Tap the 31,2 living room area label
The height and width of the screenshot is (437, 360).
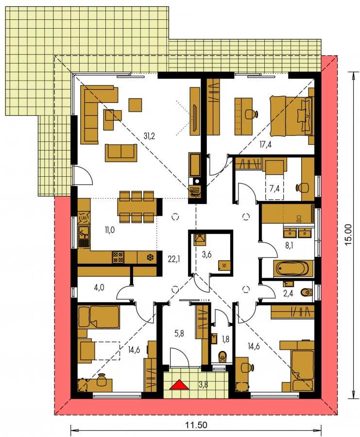(149, 136)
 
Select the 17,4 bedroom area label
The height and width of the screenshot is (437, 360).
(265, 144)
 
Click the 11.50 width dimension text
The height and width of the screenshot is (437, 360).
(196, 425)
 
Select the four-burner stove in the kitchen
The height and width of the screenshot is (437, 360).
(118, 257)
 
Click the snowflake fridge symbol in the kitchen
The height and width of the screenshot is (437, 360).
(150, 257)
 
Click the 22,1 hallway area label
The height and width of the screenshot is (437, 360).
(174, 259)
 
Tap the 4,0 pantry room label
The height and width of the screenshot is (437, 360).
(99, 287)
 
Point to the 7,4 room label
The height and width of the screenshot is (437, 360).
(274, 188)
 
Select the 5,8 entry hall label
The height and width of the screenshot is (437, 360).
(179, 333)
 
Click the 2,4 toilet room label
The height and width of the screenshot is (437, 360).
(288, 293)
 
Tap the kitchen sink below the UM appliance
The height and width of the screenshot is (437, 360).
(84, 233)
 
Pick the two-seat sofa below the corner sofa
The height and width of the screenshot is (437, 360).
(121, 153)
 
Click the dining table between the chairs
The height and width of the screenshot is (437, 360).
(137, 207)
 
